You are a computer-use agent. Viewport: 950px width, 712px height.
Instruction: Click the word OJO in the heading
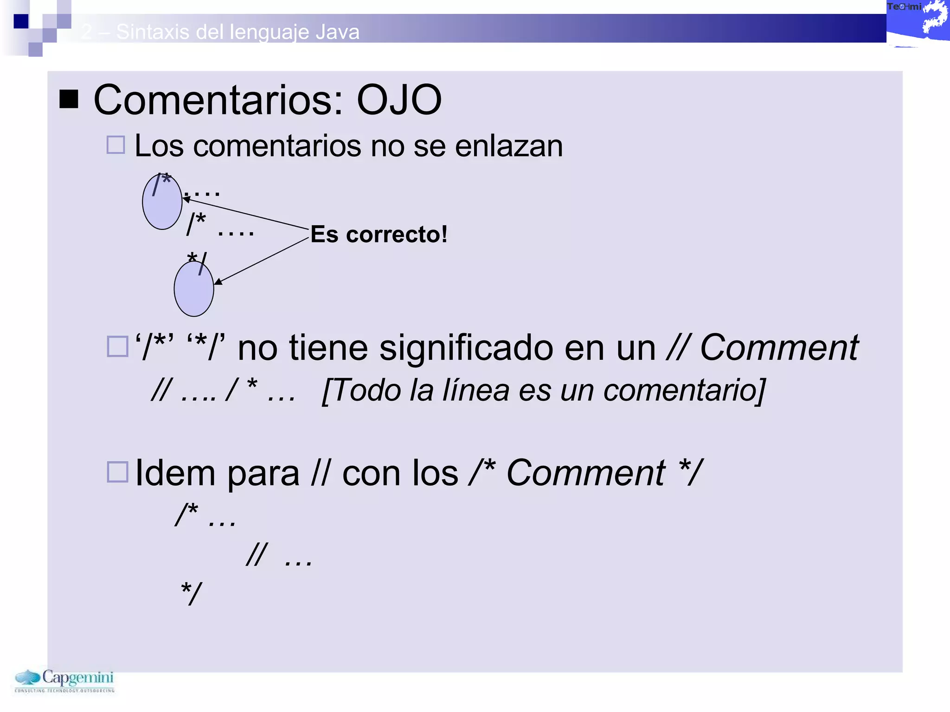[399, 100]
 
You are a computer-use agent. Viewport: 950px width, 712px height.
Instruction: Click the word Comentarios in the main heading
[218, 100]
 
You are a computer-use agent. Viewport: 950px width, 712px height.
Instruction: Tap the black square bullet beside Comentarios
[69, 99]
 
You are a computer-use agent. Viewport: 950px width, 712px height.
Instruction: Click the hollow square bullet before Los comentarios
[116, 145]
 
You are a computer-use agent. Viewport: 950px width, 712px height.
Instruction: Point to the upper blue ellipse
[162, 202]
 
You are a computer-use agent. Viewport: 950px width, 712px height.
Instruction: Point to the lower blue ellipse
[194, 289]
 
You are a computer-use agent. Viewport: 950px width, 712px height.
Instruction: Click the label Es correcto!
[379, 234]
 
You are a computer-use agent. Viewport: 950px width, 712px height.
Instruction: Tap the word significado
[466, 348]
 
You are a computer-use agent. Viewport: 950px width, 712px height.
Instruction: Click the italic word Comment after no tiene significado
[779, 348]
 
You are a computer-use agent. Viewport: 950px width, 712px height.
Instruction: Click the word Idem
[175, 473]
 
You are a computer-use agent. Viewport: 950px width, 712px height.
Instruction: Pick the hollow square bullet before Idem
[117, 472]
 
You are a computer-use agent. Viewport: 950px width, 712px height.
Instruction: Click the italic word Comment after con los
[586, 473]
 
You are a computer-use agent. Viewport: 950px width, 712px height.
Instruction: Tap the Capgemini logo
[64, 680]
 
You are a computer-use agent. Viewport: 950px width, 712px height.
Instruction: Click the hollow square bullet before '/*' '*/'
[117, 346]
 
